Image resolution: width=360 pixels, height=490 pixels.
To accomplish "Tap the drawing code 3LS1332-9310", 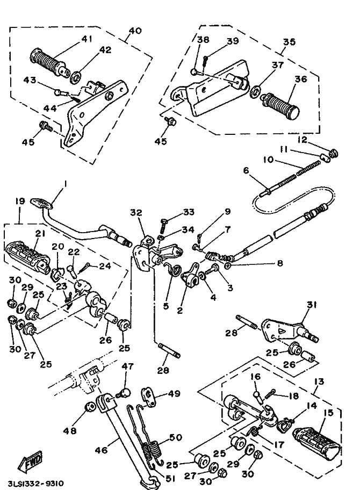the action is coord(34,484).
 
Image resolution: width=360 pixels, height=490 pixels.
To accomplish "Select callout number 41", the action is coord(87,39).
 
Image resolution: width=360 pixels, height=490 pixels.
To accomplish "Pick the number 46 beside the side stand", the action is coord(101,450).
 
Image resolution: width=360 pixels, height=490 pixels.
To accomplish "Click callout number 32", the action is coord(136,213).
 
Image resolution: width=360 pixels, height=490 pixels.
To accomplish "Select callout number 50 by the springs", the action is coord(176,437).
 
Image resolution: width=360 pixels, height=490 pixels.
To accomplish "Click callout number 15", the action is coord(328,413).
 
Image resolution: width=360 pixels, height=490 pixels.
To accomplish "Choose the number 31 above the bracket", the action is coord(312,305).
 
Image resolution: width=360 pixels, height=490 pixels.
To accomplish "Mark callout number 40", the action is coord(135,31).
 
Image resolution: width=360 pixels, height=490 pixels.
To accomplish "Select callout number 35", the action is coord(289,41).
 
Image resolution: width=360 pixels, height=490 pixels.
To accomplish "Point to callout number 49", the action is coord(174,393).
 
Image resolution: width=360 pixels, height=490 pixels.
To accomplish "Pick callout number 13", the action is coord(319,381).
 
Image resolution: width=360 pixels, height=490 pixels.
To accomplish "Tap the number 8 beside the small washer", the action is coord(280,263).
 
